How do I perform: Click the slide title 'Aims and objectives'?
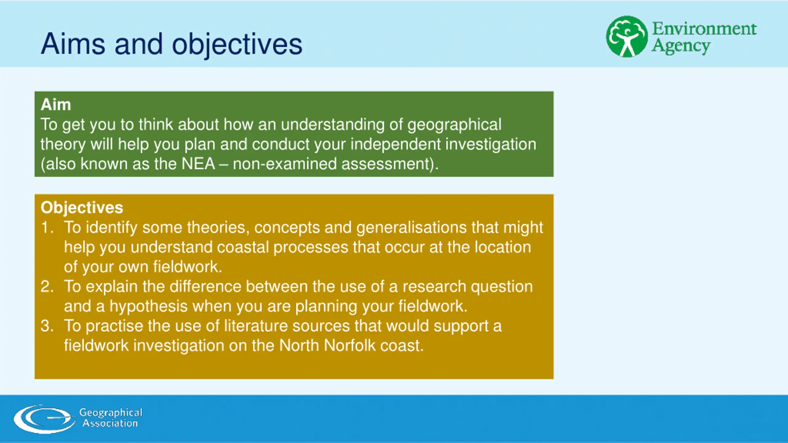(171, 44)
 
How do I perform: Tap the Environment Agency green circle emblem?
(627, 37)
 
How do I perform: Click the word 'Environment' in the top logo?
(704, 29)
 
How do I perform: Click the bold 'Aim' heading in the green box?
(56, 105)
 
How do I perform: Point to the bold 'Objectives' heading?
(82, 207)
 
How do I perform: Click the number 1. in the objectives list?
(47, 228)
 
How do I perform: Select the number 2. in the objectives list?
(47, 287)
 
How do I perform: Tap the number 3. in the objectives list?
(47, 326)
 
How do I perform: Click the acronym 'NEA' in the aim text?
(198, 164)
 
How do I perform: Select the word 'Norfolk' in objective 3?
(350, 345)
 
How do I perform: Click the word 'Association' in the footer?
(110, 424)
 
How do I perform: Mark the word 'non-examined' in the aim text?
(285, 164)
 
